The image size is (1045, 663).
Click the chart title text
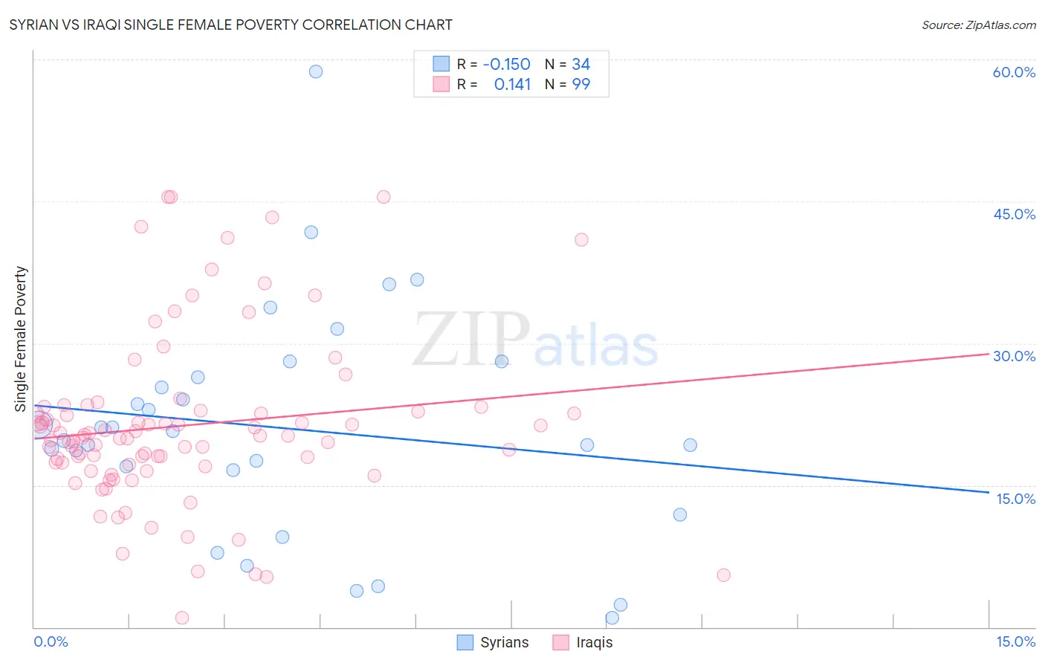pos(230,25)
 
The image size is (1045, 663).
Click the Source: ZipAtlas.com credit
pos(978,25)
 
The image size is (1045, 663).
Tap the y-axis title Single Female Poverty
pos(21,339)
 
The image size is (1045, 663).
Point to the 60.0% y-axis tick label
pos(1014,72)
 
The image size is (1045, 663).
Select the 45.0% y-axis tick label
pos(1014,214)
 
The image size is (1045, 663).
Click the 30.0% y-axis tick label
pos(1014,356)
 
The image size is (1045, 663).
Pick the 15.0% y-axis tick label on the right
pos(1015,499)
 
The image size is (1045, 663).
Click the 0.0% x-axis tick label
pos(51,641)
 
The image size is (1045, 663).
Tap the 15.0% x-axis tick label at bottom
pos(1015,641)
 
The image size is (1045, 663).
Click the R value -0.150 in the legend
pos(506,64)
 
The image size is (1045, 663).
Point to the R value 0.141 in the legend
pos(512,84)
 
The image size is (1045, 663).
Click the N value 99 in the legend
pos(580,84)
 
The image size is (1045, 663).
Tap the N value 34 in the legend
pos(580,64)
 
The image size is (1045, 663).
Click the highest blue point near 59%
pos(316,71)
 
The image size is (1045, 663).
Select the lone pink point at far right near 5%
pos(723,575)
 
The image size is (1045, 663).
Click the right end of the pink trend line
pos(988,354)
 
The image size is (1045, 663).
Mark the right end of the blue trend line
pos(988,492)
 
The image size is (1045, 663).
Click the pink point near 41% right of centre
pos(581,239)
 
